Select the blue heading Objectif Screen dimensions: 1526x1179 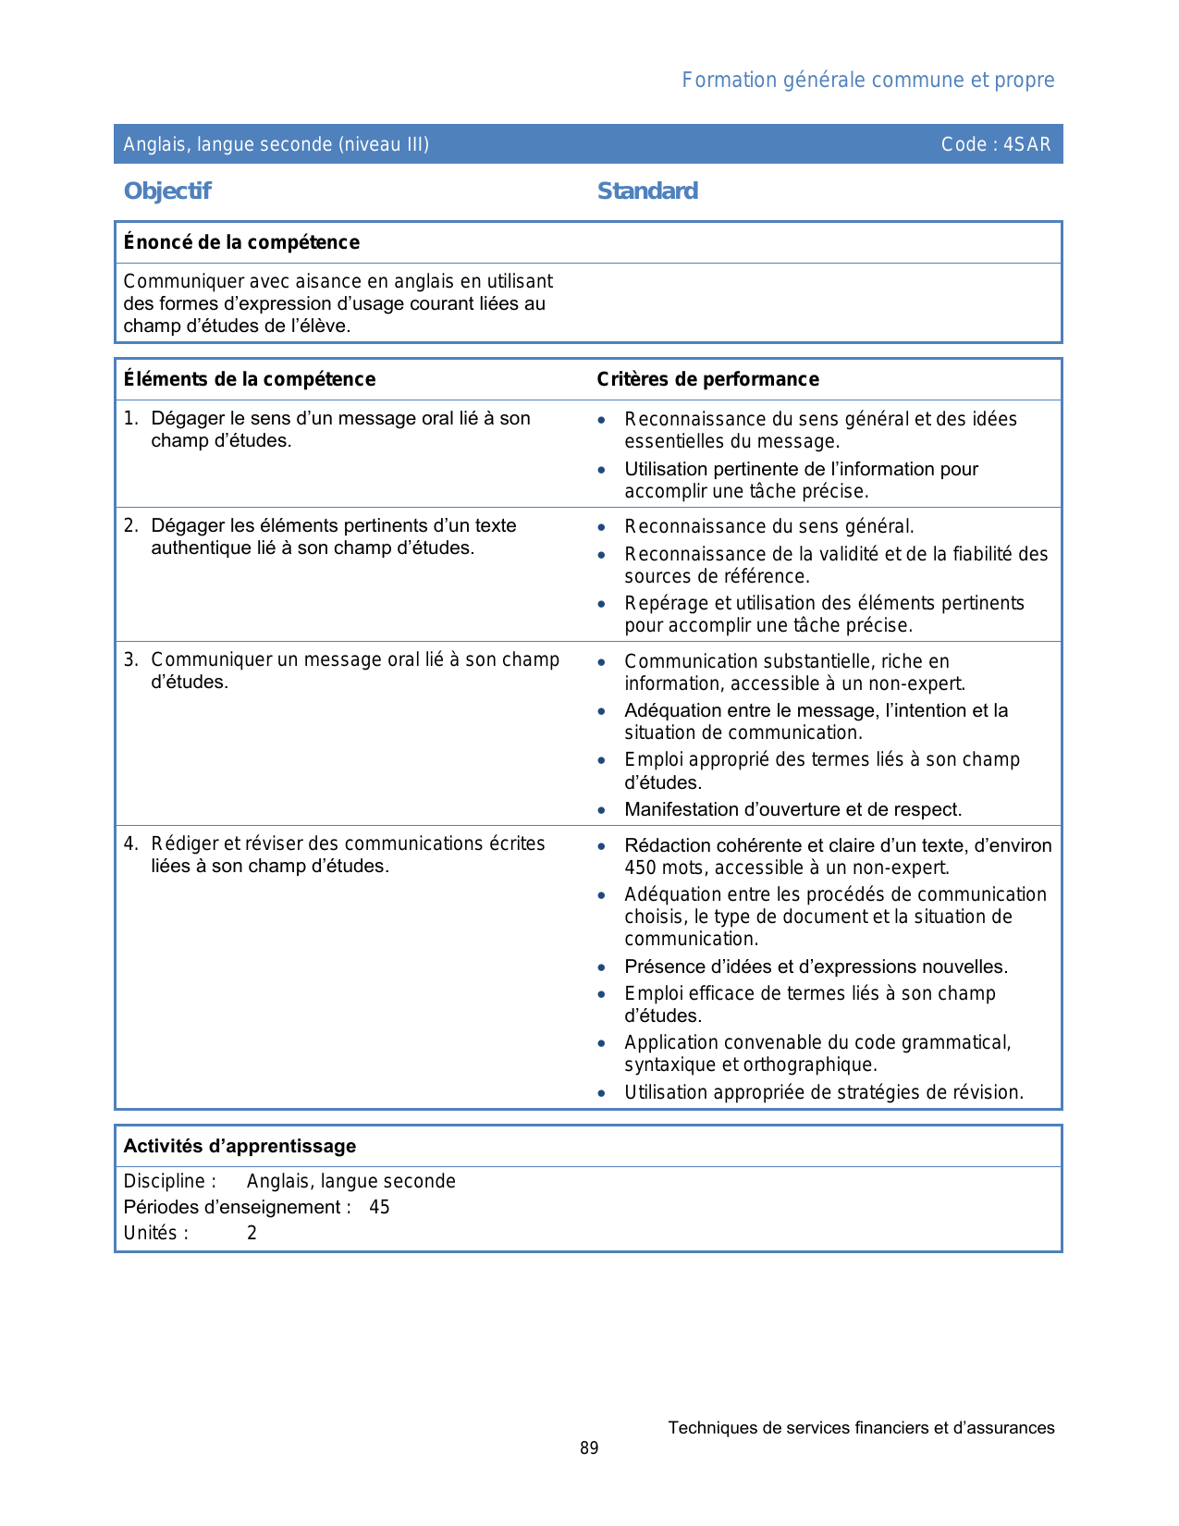pyautogui.click(x=167, y=191)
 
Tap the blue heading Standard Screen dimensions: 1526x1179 pyautogui.click(x=647, y=191)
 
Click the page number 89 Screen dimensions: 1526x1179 pyautogui.click(x=589, y=1448)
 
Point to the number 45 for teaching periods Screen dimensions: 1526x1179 pyautogui.click(x=379, y=1207)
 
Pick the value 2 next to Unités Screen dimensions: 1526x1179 pyautogui.click(x=252, y=1233)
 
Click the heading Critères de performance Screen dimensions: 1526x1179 pyautogui.click(x=707, y=379)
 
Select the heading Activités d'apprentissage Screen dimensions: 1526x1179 pyautogui.click(x=239, y=1146)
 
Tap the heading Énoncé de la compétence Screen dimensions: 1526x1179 pyautogui.click(x=241, y=242)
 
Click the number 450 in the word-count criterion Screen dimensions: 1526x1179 pyautogui.click(x=640, y=868)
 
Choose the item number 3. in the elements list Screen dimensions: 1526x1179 pyautogui.click(x=131, y=659)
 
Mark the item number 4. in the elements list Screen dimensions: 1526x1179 pyautogui.click(x=131, y=843)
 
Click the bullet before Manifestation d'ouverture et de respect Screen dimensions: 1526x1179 pyautogui.click(x=602, y=810)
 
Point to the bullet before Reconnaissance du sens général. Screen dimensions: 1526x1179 pyautogui.click(x=602, y=527)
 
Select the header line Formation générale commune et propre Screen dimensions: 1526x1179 pyautogui.click(x=867, y=80)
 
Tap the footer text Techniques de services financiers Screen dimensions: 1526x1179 pyautogui.click(x=861, y=1428)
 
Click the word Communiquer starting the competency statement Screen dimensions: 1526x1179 pyautogui.click(x=183, y=281)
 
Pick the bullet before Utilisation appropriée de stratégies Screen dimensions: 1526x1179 pyautogui.click(x=602, y=1093)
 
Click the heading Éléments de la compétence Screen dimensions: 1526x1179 pyautogui.click(x=250, y=379)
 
